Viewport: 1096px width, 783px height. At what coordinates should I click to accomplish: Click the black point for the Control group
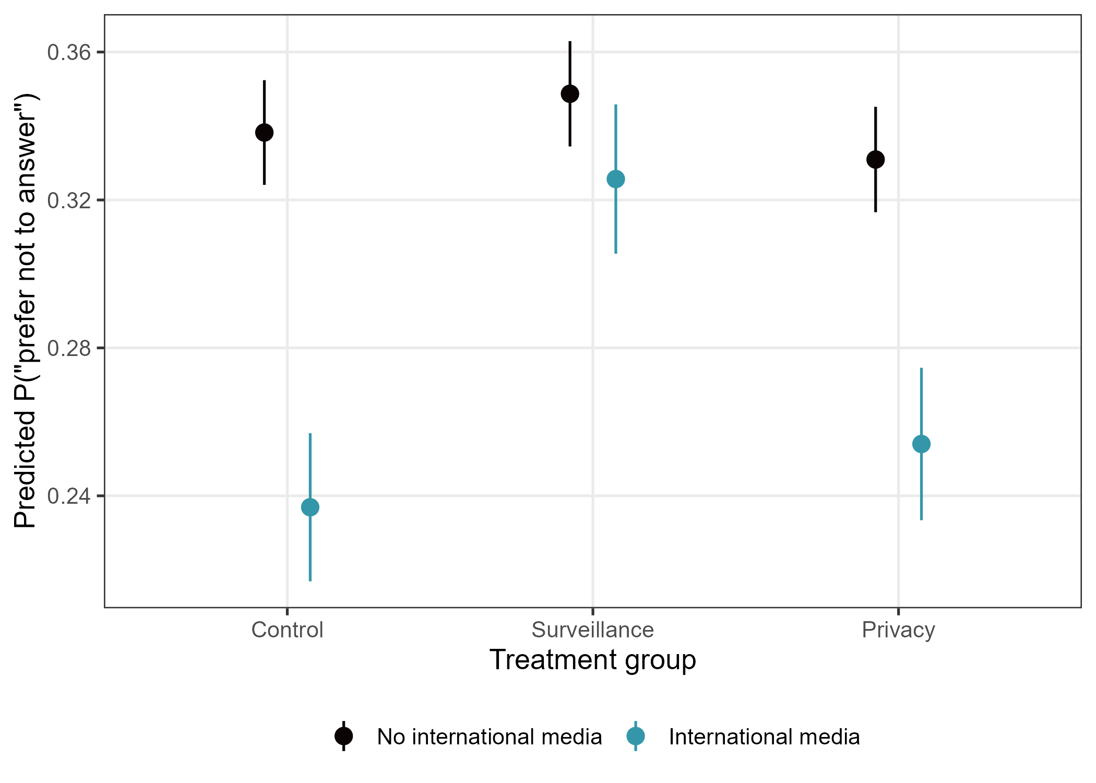point(264,133)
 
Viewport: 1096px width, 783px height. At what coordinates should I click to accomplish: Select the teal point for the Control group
point(310,507)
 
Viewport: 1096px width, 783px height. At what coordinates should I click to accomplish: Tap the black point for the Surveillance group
point(569,94)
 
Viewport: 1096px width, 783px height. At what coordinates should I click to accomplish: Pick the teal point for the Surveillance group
point(615,179)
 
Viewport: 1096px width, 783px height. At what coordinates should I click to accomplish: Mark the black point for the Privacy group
point(875,160)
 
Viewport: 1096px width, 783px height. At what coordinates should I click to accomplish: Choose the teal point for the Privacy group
point(921,444)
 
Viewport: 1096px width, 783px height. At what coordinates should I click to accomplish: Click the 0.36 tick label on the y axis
point(69,52)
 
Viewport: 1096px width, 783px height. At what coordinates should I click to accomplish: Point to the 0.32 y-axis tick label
point(69,200)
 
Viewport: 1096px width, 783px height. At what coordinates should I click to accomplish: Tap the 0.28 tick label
point(69,348)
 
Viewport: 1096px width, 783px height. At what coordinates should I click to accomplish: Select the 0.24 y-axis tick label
point(69,496)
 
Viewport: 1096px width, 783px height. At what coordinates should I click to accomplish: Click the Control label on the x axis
point(287,630)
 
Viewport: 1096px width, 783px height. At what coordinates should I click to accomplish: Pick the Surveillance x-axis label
point(592,630)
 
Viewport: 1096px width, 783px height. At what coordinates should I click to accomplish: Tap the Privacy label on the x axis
point(898,630)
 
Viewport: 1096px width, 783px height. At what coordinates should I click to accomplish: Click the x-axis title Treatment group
point(592,660)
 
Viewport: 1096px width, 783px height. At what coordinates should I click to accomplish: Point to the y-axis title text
point(25,311)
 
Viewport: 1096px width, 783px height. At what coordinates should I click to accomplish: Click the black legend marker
point(343,736)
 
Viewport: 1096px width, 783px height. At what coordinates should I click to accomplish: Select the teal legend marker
point(635,736)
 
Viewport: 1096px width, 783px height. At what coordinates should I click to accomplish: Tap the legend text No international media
point(489,737)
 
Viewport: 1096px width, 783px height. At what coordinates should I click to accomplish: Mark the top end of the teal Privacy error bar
point(921,369)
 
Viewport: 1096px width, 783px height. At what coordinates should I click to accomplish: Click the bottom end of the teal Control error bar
point(310,580)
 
